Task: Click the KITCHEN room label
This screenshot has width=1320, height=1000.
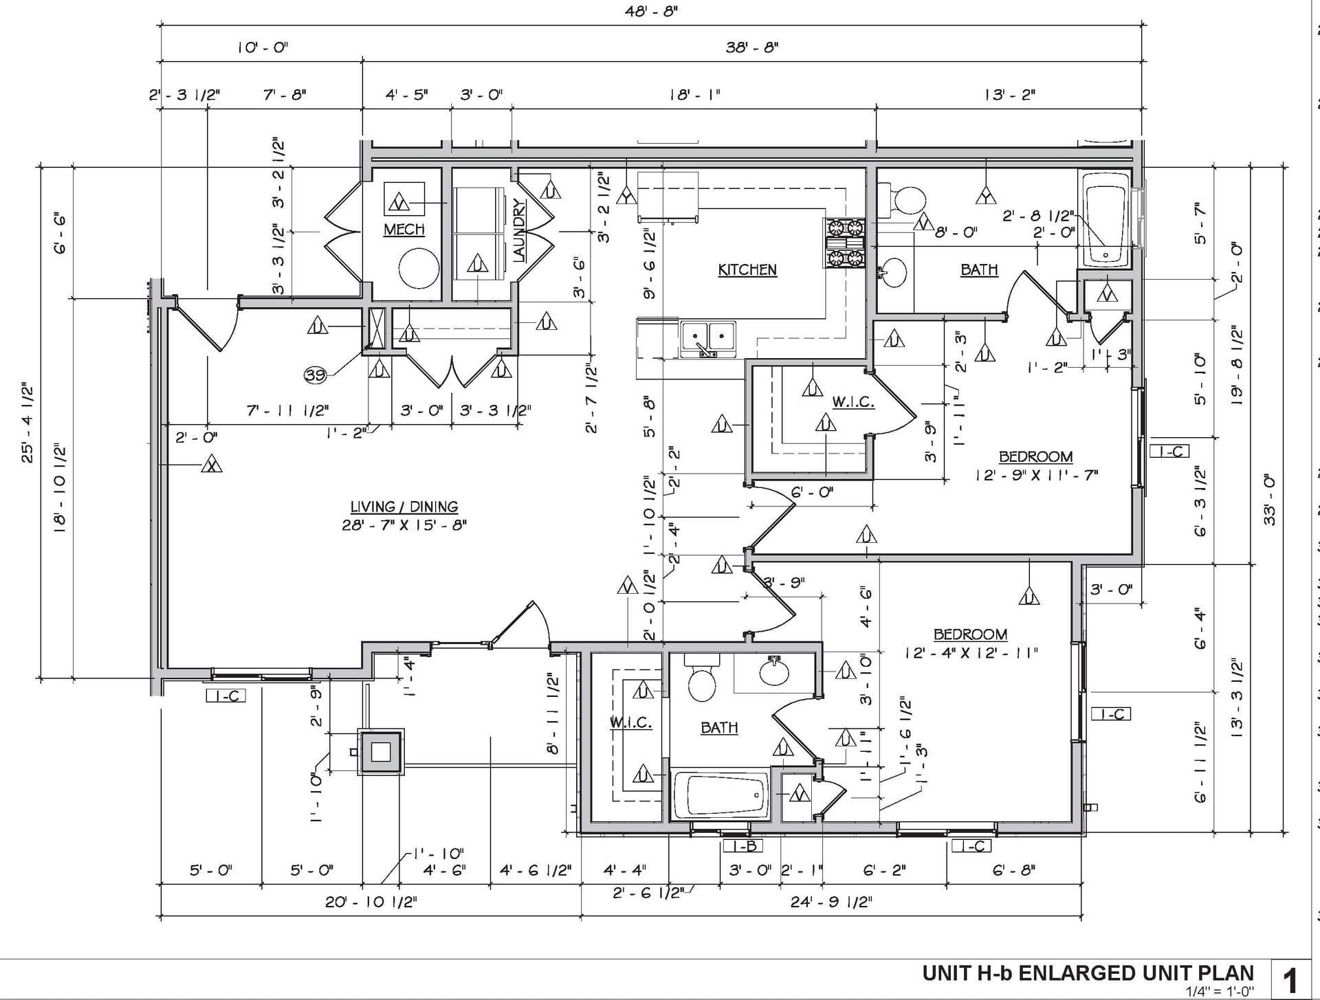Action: [x=747, y=269]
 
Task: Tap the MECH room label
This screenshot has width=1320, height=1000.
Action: [x=404, y=229]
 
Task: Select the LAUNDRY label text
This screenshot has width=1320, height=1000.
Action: [x=520, y=231]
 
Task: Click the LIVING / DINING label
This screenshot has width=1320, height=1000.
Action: [x=404, y=507]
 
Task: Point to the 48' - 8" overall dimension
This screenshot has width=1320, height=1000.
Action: [x=651, y=12]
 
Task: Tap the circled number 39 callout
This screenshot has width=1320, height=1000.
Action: [x=315, y=375]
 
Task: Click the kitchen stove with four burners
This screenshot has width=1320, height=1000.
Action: [x=845, y=243]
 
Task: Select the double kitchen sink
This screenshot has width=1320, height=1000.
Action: [x=707, y=340]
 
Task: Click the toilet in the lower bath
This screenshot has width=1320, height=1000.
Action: [x=702, y=678]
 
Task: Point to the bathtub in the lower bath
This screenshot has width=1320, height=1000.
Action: [x=720, y=796]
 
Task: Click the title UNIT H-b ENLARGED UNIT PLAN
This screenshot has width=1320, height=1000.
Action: [x=1088, y=973]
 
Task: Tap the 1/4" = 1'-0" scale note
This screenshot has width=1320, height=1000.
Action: [x=1220, y=991]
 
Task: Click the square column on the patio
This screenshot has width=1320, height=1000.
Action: [x=380, y=752]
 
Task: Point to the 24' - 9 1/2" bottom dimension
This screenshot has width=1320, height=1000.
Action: [x=831, y=902]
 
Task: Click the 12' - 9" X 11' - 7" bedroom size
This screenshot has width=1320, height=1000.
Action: [x=1036, y=475]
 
